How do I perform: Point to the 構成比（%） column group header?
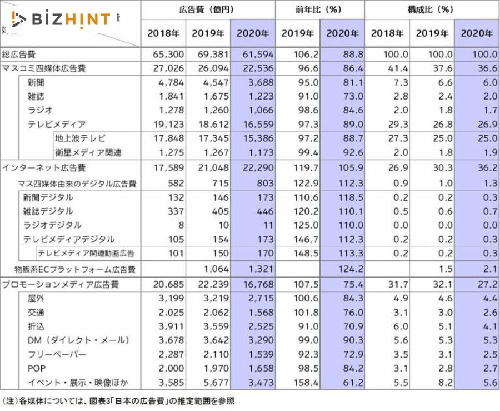click(431, 9)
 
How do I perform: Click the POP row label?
click(36, 368)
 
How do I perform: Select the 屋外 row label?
click(36, 299)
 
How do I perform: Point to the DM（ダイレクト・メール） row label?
click(78, 340)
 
